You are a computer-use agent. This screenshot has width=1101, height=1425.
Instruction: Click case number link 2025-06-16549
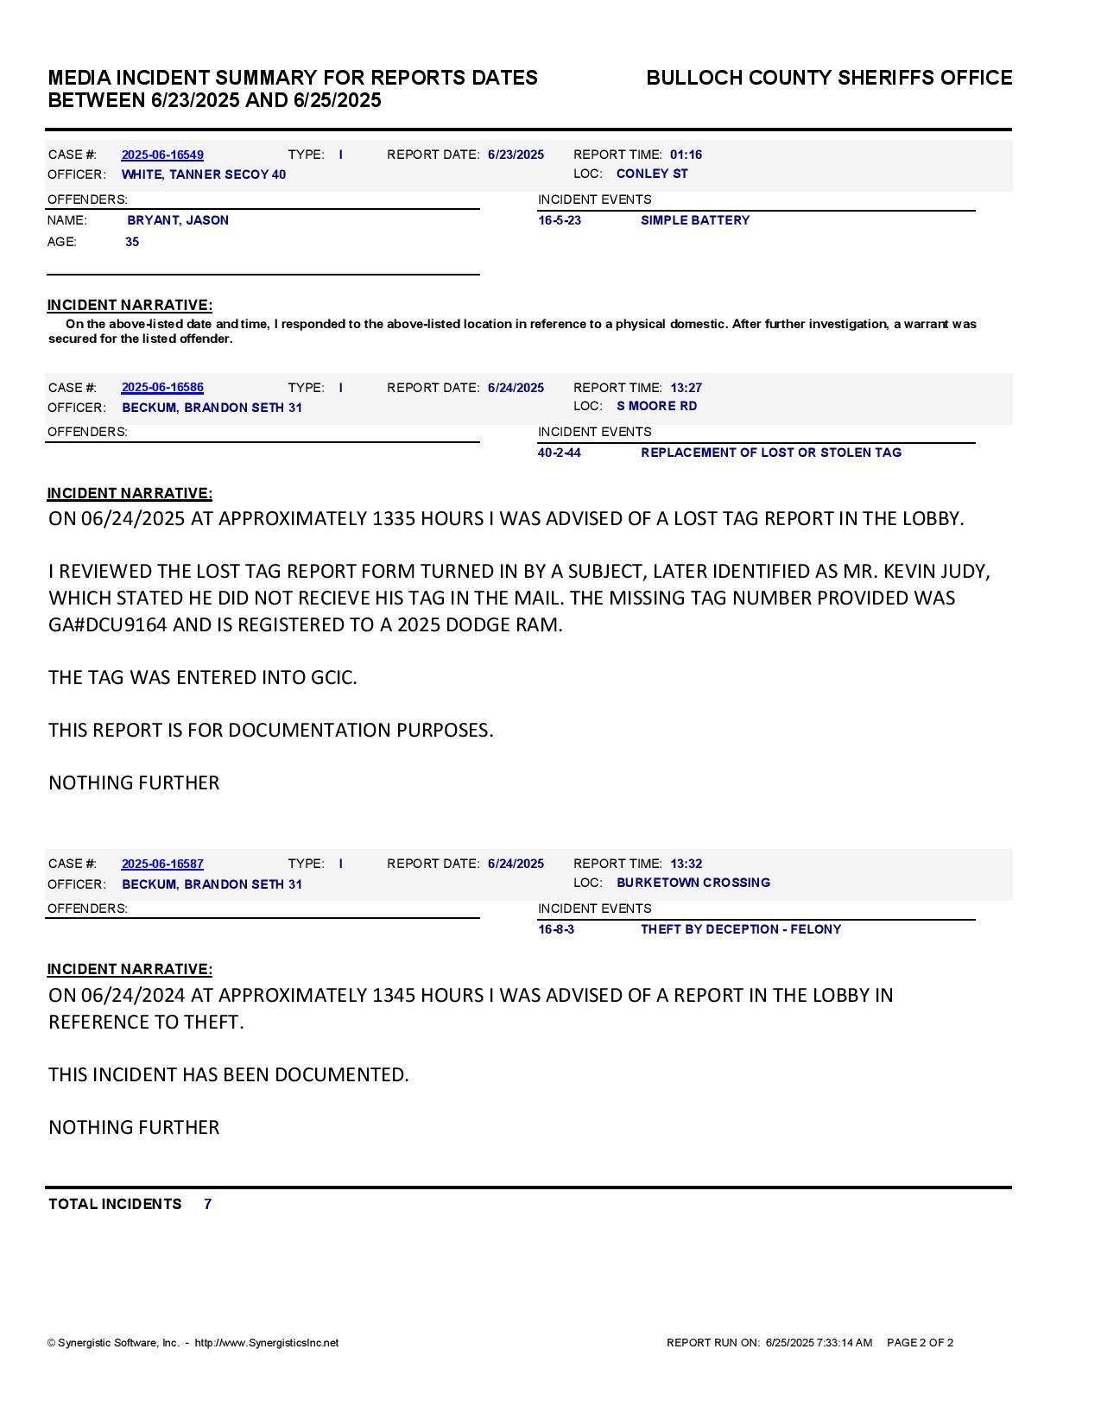(x=162, y=155)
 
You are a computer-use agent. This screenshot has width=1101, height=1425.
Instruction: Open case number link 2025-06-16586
(x=162, y=388)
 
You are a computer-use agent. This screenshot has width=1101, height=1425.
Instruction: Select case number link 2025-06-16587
(x=162, y=864)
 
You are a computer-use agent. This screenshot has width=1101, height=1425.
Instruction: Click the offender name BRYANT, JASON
(x=178, y=220)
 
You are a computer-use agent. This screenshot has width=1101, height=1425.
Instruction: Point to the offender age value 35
(x=132, y=242)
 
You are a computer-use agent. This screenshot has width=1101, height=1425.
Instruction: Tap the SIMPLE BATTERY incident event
(x=695, y=220)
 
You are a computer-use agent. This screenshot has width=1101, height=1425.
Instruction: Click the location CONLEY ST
(x=652, y=174)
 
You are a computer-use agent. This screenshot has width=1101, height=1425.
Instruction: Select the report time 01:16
(x=686, y=155)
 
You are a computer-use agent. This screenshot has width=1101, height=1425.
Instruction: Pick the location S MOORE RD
(x=656, y=406)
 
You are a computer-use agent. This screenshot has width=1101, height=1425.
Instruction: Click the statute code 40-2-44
(x=560, y=453)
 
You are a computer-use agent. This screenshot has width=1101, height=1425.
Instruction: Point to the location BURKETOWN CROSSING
(x=693, y=883)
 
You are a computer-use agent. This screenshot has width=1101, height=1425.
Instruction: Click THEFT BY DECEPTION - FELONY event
(x=741, y=929)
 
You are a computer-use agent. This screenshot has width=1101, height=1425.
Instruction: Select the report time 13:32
(x=686, y=864)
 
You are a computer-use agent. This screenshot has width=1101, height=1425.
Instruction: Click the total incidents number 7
(x=208, y=1204)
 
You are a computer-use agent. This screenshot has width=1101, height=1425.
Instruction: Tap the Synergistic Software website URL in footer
(x=267, y=1343)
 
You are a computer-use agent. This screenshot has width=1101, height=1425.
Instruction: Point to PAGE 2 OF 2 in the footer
(x=920, y=1343)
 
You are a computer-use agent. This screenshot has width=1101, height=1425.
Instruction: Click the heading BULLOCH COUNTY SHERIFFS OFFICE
(x=829, y=78)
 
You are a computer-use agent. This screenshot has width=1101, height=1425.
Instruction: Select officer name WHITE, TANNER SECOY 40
(x=204, y=174)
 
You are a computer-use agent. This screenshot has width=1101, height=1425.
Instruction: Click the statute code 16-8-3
(x=556, y=929)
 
